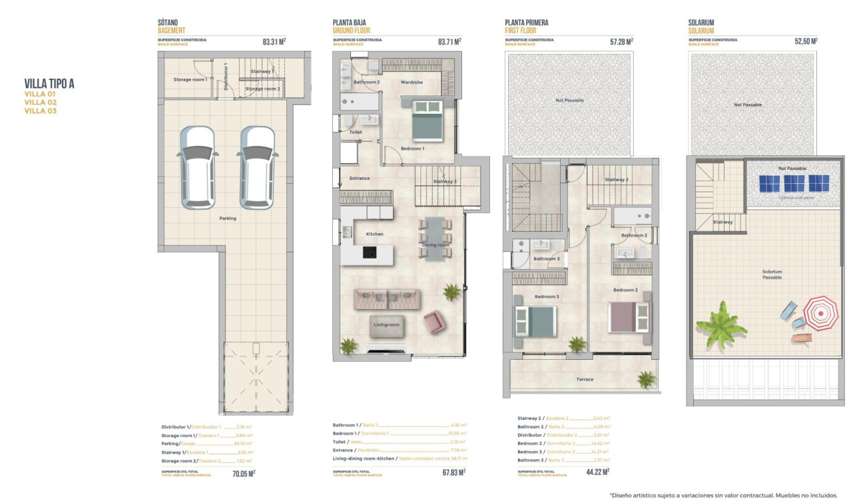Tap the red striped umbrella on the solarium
coord(820,312)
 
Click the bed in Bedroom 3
coord(534,321)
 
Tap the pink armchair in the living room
coord(434,322)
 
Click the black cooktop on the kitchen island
coord(370,252)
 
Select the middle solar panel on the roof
coord(794,183)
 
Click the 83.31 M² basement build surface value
coord(274,41)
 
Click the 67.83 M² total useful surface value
coord(451,472)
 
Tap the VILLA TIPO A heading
coord(49,83)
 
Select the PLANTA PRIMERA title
coord(527,23)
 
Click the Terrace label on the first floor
coord(585,379)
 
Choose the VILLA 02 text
coord(41,103)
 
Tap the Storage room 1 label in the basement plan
coord(190,79)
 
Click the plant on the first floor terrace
coord(645,379)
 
